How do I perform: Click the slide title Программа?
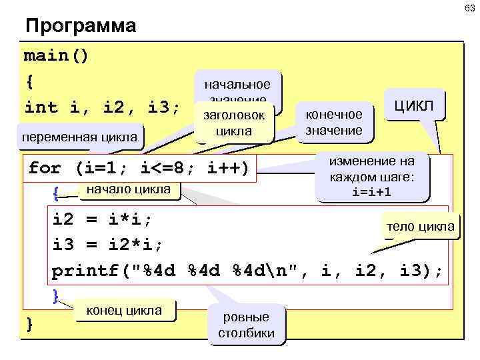pos(80,27)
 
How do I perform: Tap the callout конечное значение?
pos(333,122)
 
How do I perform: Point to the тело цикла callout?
pos(419,227)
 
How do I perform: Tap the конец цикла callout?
pos(124,310)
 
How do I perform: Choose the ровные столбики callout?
pos(246,325)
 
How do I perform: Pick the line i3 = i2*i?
pos(107,244)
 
